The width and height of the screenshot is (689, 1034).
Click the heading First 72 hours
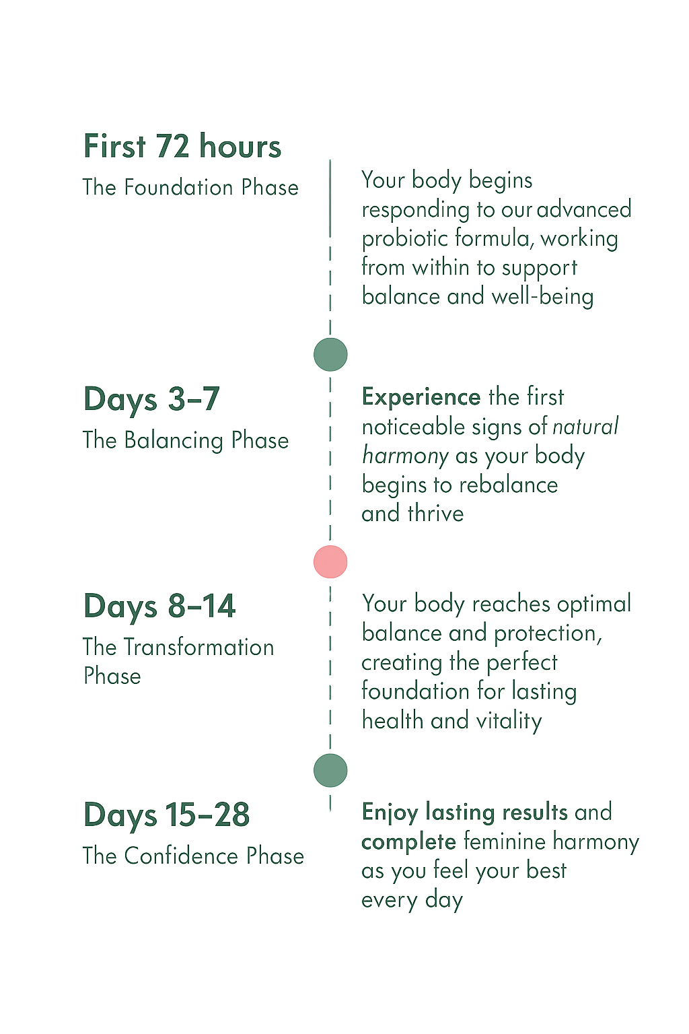click(x=182, y=146)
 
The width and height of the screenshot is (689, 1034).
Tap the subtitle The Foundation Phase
click(x=190, y=187)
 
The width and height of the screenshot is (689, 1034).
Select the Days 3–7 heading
click(x=151, y=399)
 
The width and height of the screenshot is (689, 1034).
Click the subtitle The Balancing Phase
click(x=186, y=440)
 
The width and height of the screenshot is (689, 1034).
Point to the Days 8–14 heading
click(x=159, y=606)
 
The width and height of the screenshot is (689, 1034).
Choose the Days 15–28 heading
click(x=167, y=815)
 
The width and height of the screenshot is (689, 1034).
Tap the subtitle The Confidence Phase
click(x=193, y=856)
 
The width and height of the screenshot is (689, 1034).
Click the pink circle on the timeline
click(x=330, y=562)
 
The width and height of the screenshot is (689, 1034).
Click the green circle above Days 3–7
click(x=330, y=355)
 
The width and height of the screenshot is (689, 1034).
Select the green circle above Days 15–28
click(x=330, y=770)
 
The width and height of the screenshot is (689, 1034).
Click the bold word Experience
click(x=421, y=397)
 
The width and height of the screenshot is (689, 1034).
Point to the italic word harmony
click(x=405, y=456)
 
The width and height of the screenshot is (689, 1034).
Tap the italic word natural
click(x=585, y=426)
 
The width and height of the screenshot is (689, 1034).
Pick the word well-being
click(x=543, y=296)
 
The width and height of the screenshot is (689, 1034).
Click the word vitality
click(x=509, y=721)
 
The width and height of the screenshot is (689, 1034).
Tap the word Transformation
click(x=199, y=647)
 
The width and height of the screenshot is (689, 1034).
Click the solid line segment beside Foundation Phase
click(x=330, y=199)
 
